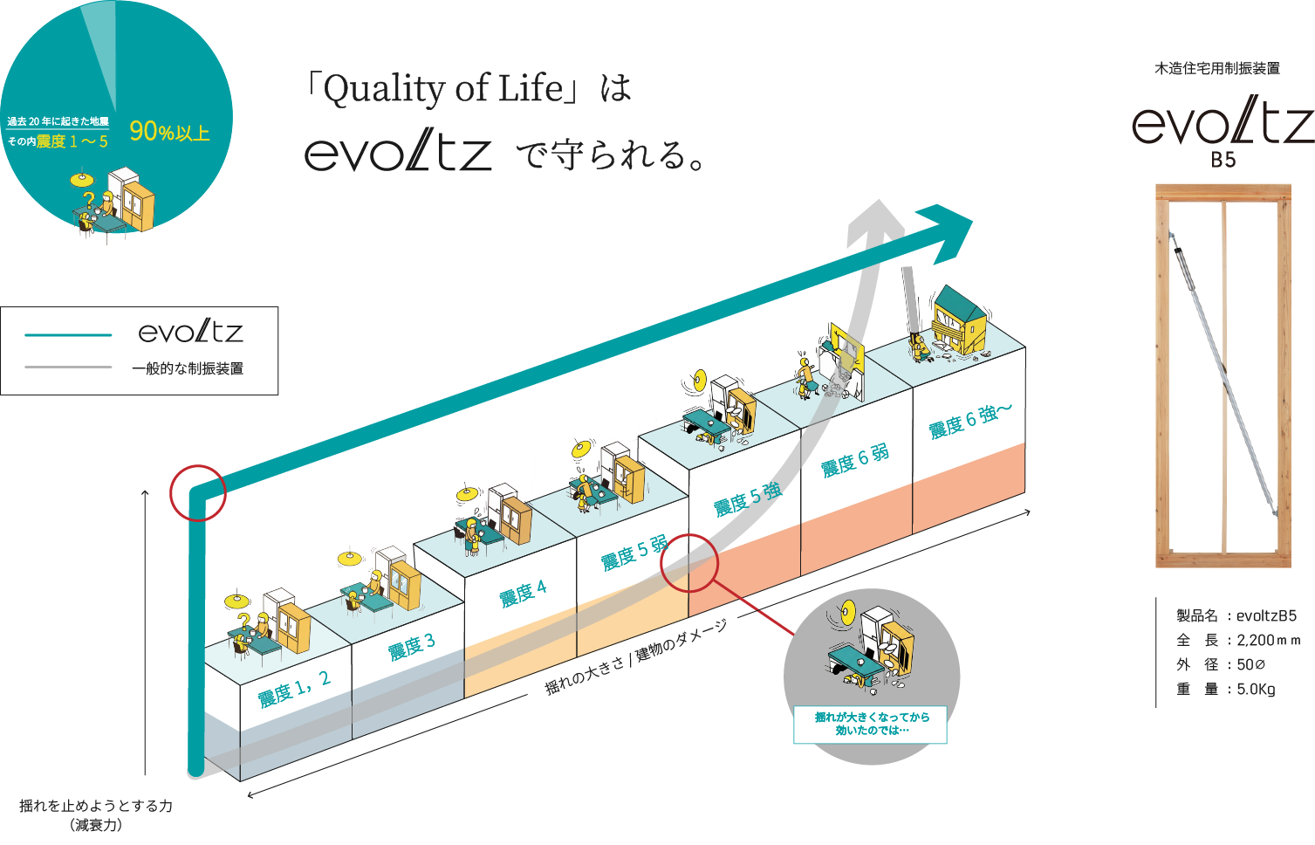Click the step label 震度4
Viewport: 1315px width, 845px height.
524,594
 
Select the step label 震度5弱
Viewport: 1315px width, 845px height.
634,553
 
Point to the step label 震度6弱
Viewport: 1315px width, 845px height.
855,460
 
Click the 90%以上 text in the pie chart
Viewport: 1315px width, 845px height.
169,133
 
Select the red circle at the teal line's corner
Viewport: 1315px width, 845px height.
198,493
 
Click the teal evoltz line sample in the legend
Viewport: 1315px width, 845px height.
68,334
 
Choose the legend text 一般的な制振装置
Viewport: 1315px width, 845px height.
188,368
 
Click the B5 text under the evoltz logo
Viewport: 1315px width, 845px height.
1223,160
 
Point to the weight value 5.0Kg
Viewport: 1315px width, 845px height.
1256,689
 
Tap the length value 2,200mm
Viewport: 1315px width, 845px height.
1268,640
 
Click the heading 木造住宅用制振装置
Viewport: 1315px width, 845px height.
1217,68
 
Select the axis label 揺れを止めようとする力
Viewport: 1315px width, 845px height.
96,806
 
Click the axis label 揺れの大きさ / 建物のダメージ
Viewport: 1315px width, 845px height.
635,658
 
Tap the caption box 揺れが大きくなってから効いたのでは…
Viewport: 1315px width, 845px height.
871,724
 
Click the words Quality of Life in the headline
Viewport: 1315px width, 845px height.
444,89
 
